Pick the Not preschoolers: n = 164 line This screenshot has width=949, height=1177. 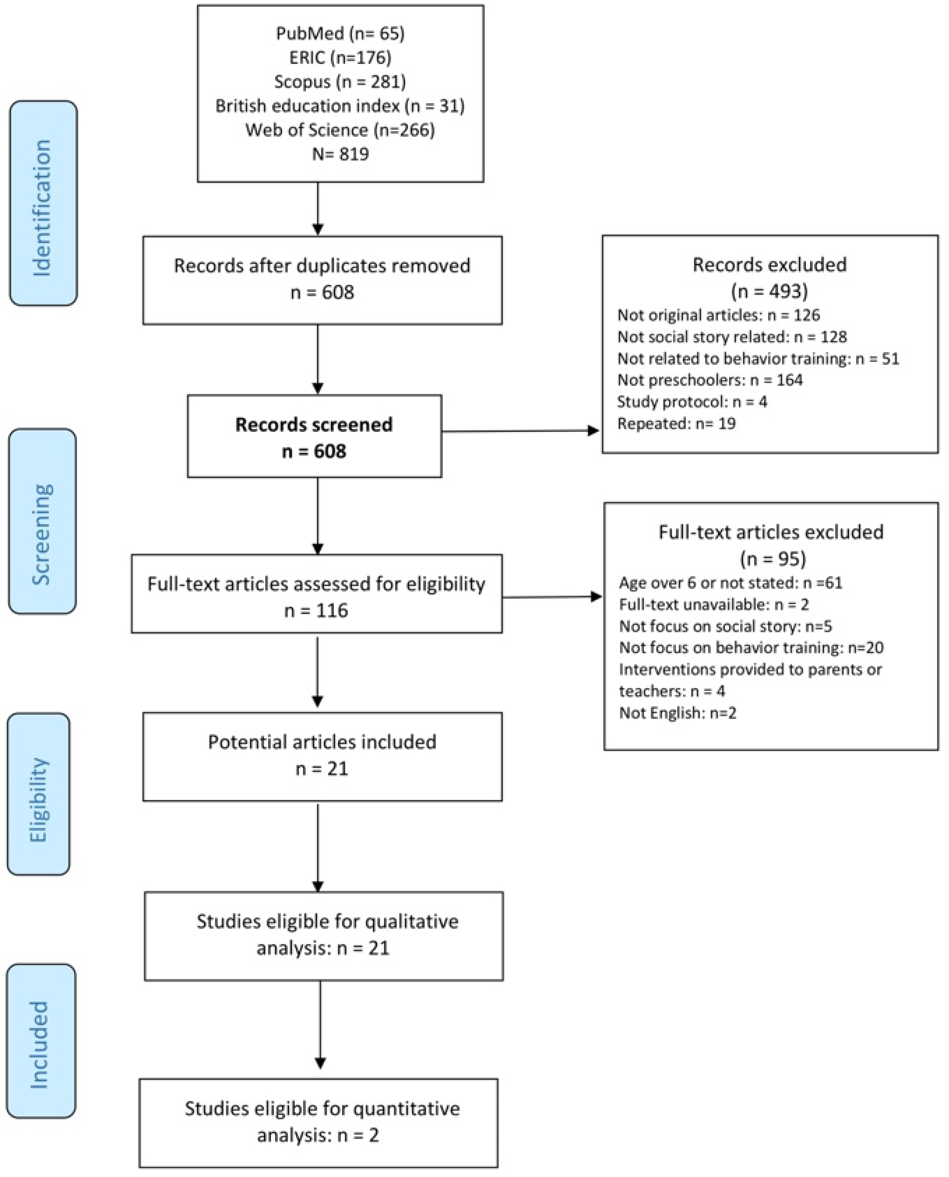[x=709, y=380]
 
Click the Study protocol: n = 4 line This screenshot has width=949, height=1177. [x=692, y=402]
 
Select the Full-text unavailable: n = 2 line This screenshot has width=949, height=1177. [x=713, y=605]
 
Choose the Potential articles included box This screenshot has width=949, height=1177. [x=322, y=756]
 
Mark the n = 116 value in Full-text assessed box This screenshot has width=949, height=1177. [x=316, y=611]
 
